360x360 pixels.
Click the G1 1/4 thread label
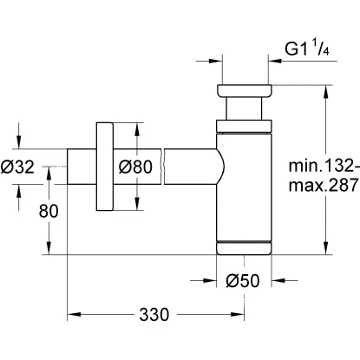pos(307,49)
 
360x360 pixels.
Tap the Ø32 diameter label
pos(17,167)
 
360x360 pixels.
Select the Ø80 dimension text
pos(135,167)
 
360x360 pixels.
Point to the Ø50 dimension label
pos(243,281)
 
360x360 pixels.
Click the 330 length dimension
pos(154,315)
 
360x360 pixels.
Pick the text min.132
pos(324,166)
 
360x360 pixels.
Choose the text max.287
pos(324,185)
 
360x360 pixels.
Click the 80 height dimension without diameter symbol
pos(49,211)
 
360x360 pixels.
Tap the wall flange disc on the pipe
pos(104,167)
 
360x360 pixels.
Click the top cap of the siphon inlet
pos(244,90)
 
